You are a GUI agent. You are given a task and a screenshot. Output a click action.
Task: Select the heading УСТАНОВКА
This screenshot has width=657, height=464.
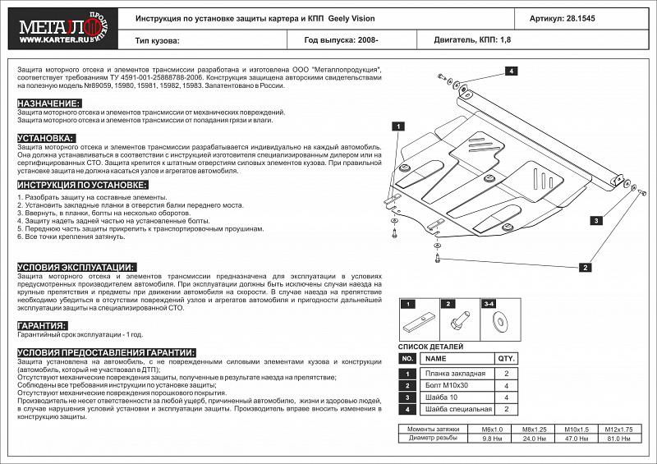46,138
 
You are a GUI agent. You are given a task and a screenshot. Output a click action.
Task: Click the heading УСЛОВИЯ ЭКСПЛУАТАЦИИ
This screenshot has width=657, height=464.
76,268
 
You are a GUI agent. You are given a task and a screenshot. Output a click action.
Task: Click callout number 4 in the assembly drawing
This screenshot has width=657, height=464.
510,72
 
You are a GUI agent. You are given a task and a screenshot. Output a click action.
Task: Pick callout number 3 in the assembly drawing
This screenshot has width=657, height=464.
596,220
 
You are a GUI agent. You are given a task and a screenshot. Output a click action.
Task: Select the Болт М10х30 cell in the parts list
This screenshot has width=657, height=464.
448,385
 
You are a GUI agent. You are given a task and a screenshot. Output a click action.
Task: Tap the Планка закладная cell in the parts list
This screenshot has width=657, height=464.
456,373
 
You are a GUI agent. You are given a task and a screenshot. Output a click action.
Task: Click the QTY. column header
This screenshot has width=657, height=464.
506,359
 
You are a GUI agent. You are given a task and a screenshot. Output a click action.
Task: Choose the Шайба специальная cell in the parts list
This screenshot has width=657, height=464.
458,409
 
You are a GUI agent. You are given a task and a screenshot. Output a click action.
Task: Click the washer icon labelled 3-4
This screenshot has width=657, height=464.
499,321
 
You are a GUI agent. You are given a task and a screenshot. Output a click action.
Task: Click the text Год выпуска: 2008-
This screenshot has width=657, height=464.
341,39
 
